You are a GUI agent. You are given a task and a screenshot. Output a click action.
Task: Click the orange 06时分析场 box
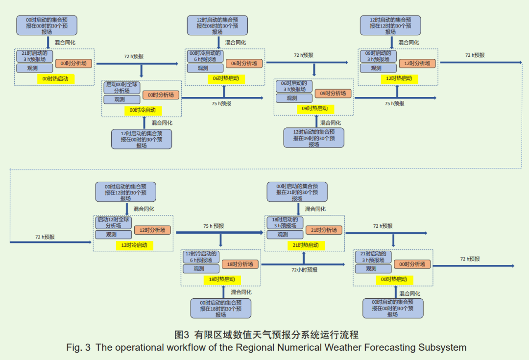[244, 63]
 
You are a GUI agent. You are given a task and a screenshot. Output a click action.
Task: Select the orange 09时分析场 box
[333, 93]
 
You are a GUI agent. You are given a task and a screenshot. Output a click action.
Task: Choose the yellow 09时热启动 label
[314, 108]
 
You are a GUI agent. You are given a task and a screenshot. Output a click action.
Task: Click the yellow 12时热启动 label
[399, 78]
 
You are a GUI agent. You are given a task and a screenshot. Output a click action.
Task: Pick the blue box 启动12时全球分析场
[113, 222]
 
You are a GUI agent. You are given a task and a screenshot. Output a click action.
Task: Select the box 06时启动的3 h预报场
[294, 86]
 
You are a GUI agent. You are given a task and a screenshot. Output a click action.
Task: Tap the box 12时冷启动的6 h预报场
[201, 257]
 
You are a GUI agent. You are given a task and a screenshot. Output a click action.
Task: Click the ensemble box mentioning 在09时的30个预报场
[314, 138]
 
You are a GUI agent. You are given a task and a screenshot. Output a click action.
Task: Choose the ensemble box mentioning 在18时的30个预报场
[221, 309]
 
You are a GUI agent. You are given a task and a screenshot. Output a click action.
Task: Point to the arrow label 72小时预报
[304, 270]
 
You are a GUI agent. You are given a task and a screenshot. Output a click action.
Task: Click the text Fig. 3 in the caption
[78, 347]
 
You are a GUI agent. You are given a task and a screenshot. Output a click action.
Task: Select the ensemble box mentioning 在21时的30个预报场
[297, 192]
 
